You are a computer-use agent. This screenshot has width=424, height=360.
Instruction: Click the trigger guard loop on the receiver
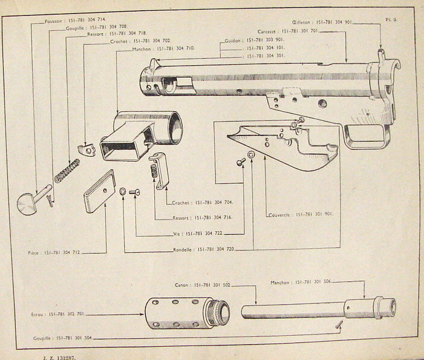[365, 135]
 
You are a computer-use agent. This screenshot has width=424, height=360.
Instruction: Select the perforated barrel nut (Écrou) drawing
[187, 312]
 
